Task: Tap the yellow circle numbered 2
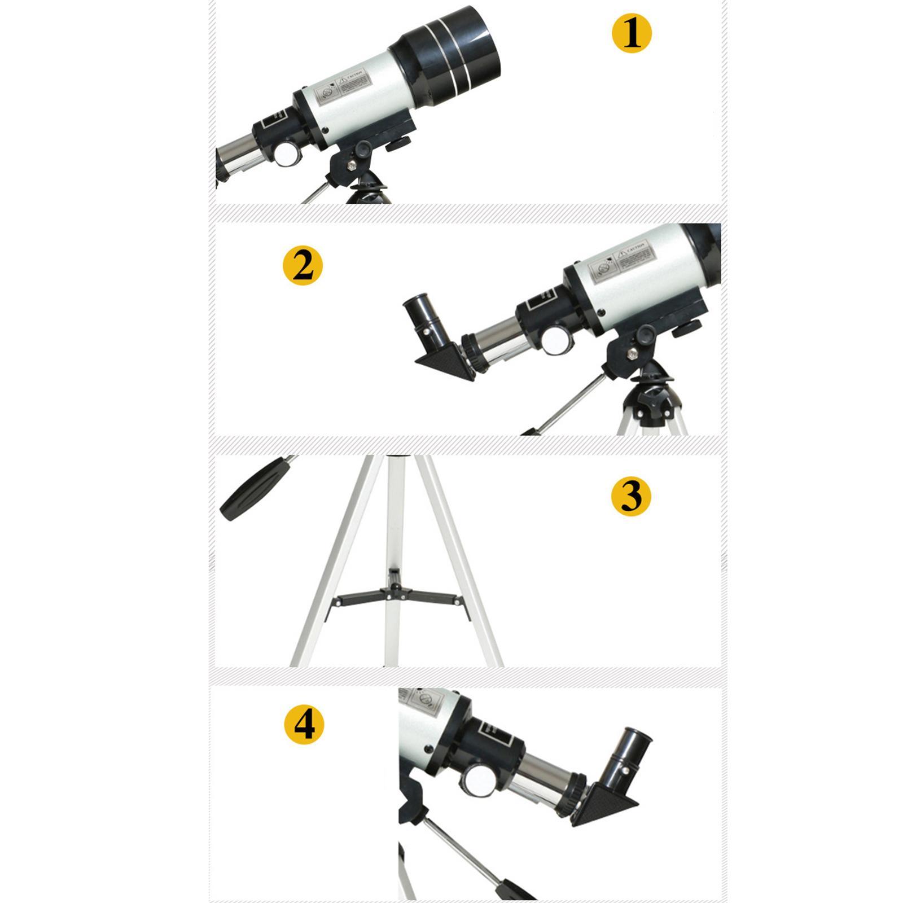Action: point(303,265)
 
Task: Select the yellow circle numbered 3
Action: point(631,496)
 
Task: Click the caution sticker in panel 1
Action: point(342,87)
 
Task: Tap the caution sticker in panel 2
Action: point(621,261)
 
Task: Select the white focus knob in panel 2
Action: point(555,341)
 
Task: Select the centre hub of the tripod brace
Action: point(394,590)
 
